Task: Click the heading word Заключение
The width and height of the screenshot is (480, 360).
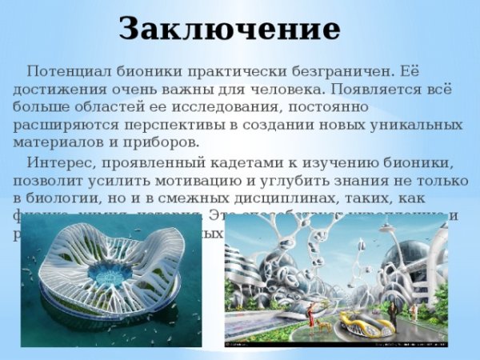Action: [230, 29]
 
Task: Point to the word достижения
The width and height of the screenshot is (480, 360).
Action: [58, 88]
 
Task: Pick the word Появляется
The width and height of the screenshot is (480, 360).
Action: [375, 88]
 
